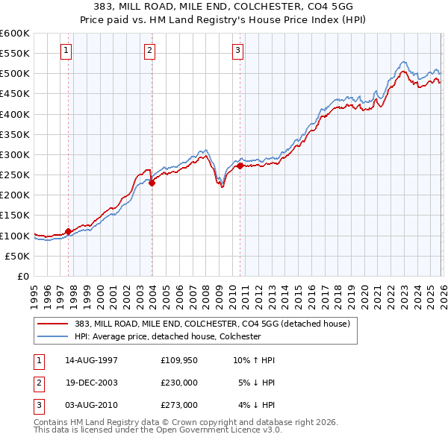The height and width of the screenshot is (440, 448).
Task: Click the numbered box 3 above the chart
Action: coord(238,51)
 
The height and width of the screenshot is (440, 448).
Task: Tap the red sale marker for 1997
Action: coord(68,231)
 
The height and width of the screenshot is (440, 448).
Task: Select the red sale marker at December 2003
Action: coord(152,183)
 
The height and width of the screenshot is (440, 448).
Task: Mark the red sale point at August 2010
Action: coord(240,166)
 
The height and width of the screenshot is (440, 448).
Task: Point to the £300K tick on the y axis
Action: coord(15,154)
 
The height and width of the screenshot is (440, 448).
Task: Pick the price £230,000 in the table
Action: coord(179,383)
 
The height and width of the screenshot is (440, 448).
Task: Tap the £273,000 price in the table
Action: coord(179,405)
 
